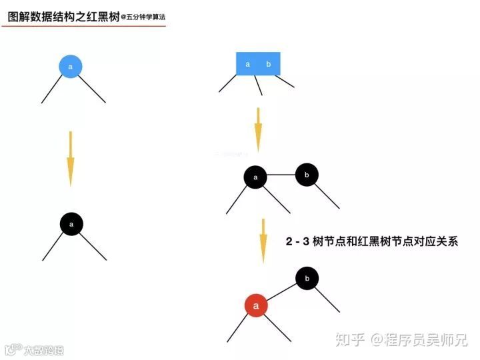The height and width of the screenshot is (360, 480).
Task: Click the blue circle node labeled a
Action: tap(71, 65)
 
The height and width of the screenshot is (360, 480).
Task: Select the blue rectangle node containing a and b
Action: tap(258, 64)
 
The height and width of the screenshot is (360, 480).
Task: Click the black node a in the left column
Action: tap(71, 224)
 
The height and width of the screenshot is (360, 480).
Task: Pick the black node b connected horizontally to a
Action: tap(307, 175)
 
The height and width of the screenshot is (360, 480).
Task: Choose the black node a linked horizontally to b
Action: tap(255, 177)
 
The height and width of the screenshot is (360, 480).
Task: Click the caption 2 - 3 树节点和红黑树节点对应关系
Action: tap(372, 241)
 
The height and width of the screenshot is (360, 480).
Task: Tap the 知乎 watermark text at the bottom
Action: tap(350, 340)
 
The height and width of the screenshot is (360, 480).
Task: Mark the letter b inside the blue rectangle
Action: tap(269, 64)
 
